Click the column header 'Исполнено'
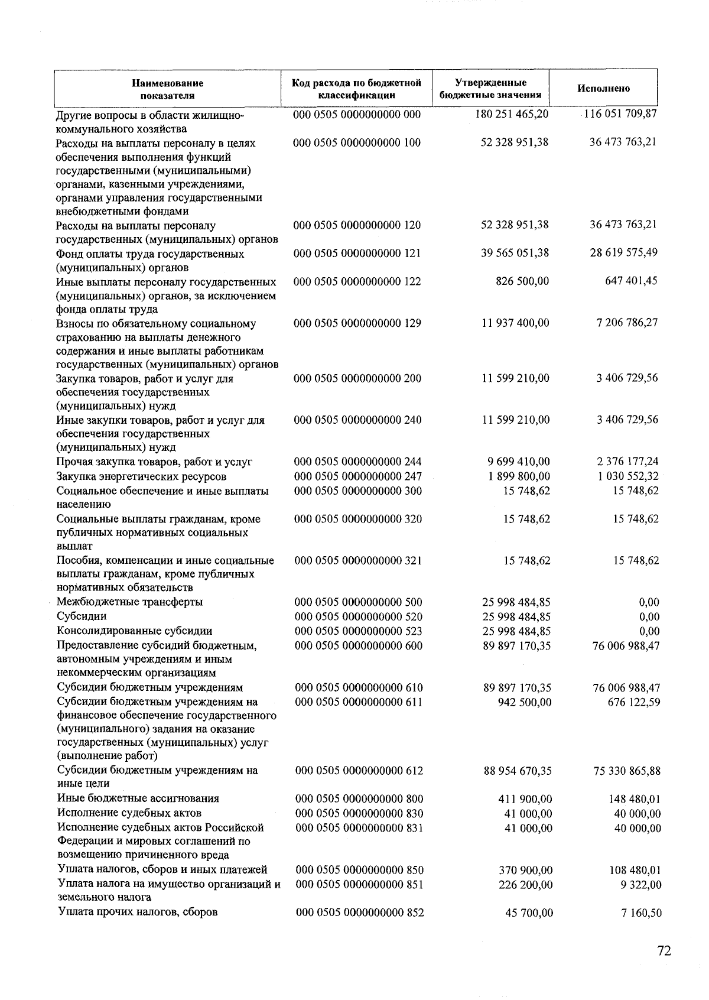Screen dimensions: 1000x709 click(x=603, y=89)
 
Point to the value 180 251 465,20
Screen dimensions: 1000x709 click(x=512, y=113)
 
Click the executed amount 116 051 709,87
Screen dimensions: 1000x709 click(x=620, y=113)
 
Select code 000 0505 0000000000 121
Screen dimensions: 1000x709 click(x=357, y=254)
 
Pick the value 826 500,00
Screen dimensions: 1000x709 click(x=522, y=281)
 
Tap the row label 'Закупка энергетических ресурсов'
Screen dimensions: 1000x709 click(x=141, y=476)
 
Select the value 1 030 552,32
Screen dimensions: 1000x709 click(x=628, y=476)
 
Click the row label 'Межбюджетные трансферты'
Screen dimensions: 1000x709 click(x=129, y=602)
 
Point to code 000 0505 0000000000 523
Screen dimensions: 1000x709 click(x=359, y=631)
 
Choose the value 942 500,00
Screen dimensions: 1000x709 click(x=525, y=702)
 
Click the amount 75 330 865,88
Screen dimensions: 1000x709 click(x=626, y=771)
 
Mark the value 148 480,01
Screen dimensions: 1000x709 click(x=635, y=799)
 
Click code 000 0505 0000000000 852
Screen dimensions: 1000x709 click(x=360, y=913)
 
